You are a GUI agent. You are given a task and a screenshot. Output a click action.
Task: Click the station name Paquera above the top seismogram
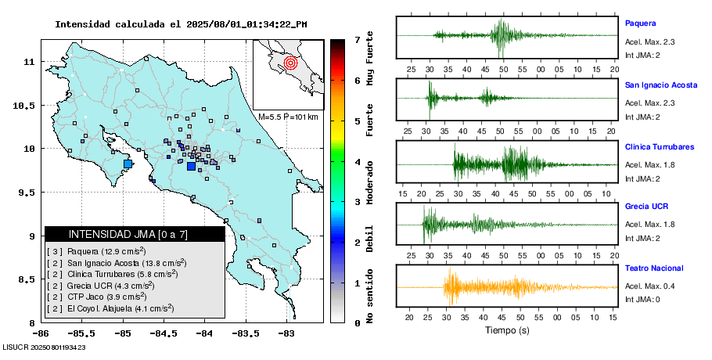[x=640, y=23]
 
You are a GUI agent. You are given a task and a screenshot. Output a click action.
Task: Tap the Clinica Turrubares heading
[x=659, y=147]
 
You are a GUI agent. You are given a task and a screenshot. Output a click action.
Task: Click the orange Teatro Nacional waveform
[x=485, y=287]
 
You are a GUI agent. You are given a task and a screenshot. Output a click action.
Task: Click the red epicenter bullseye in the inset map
[x=290, y=62]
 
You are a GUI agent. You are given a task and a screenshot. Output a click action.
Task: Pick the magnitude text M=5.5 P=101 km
[x=287, y=117]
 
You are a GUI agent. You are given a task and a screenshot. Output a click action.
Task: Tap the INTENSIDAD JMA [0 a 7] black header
[x=135, y=234]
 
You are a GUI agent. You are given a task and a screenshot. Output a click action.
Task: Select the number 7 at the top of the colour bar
[x=357, y=39]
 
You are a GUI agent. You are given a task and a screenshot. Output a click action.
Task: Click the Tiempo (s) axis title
[x=507, y=331]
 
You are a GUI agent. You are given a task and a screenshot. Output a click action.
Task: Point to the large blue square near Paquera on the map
[x=128, y=164]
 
